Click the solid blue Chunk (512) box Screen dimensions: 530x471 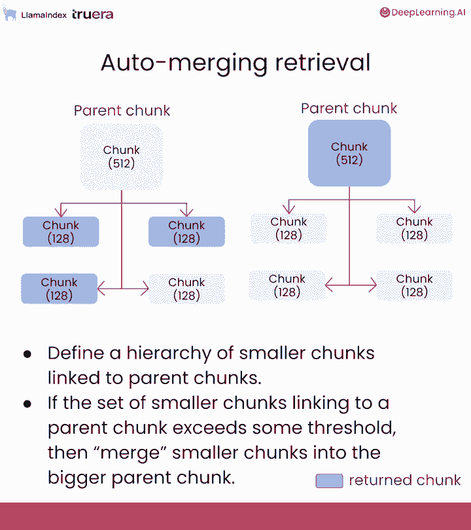coord(349,153)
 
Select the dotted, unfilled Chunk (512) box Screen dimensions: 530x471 coord(122,156)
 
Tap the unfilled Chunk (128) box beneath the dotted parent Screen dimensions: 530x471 coord(186,289)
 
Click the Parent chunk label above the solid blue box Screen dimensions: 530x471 coord(349,109)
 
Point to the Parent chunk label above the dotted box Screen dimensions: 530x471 coord(122,111)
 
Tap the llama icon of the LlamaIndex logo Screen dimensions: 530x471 coord(10,14)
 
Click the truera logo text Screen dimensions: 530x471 coord(92,14)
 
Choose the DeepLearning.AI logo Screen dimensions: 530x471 coord(422,12)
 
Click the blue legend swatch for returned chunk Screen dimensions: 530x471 coord(329,481)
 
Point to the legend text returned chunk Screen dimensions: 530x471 coord(404,481)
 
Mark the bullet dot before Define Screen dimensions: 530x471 coord(27,354)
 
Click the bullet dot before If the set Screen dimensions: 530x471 coord(27,404)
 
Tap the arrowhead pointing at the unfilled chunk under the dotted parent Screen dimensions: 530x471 coord(145,289)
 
